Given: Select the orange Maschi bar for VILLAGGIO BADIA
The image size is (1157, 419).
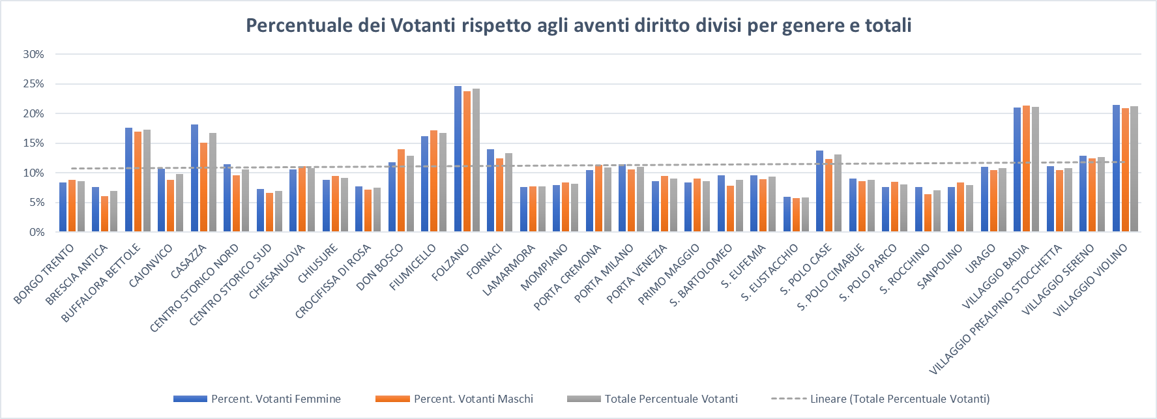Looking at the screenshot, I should click(x=1026, y=169).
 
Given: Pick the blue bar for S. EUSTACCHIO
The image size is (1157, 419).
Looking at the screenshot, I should click(x=787, y=214).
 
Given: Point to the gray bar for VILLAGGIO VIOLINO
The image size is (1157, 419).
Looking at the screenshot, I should click(x=1134, y=169).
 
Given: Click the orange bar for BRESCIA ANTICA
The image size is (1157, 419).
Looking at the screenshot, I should click(x=104, y=214).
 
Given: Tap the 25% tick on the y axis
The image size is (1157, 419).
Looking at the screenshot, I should click(x=34, y=84).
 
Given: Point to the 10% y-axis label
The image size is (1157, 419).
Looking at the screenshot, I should click(x=34, y=173).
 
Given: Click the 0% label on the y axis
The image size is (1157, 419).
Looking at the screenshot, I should click(x=37, y=233).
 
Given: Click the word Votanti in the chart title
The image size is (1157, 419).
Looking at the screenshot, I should click(x=424, y=26).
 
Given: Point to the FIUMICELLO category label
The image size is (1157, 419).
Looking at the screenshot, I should click(x=413, y=268).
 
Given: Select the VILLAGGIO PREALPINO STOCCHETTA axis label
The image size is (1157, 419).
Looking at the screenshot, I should click(x=995, y=310).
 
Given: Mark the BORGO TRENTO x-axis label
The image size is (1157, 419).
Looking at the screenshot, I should click(x=44, y=274).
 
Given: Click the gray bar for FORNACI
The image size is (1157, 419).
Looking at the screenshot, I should click(x=508, y=193).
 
